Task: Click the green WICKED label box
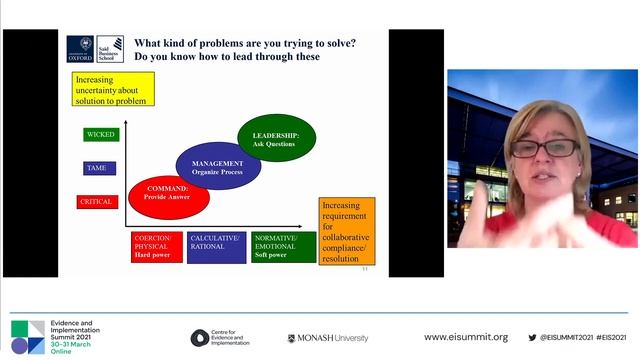point(100,134)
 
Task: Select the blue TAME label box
point(100,168)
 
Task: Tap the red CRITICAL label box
point(100,202)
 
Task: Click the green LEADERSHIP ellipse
point(275,140)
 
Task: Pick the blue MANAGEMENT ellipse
point(218,166)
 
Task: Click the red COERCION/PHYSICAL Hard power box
point(157,247)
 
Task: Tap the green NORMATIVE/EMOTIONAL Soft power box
point(279,247)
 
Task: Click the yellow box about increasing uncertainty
point(113,89)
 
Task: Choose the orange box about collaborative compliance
point(347,231)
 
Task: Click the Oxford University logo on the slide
point(81,49)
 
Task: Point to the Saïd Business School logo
point(111,49)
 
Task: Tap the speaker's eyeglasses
point(544,149)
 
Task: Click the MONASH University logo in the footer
point(328,338)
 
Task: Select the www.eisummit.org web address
point(466,338)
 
